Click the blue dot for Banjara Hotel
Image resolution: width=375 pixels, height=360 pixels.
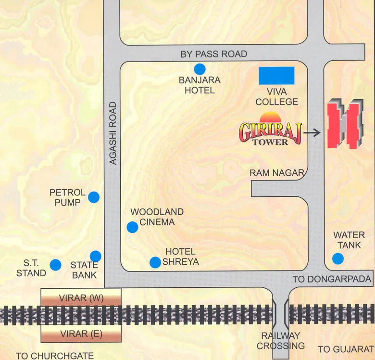point(200,68)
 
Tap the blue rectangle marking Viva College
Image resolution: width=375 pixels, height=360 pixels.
point(276,76)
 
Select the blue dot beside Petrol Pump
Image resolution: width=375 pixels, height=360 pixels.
point(94,197)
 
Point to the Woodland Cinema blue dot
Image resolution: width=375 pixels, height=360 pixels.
point(132,227)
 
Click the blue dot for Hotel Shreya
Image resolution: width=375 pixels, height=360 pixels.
point(155,262)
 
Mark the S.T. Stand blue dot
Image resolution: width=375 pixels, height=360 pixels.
point(56,264)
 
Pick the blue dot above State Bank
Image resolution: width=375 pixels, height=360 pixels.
point(96,256)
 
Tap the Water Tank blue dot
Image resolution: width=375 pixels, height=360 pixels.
point(338,259)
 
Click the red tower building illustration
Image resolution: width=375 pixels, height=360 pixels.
point(344,124)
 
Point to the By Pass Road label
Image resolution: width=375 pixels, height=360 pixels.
point(214,54)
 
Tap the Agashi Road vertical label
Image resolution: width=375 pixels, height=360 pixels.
point(113,133)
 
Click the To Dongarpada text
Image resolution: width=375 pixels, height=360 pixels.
point(332,279)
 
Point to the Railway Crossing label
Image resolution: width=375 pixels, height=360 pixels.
point(280,341)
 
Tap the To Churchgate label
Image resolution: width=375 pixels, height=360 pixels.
point(54,356)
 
